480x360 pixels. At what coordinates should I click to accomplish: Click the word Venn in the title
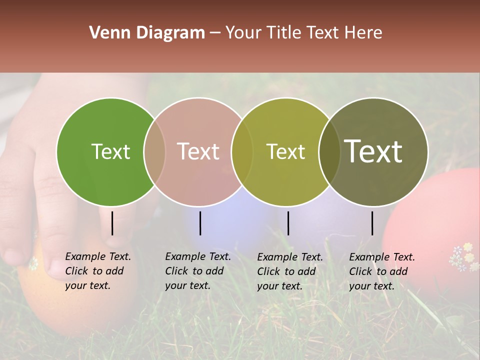[106, 33]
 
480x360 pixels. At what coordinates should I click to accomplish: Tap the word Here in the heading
[364, 33]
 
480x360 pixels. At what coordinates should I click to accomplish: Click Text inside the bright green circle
[110, 151]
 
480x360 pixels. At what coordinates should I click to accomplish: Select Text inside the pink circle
[198, 151]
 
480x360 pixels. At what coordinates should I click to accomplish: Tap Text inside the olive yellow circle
[285, 151]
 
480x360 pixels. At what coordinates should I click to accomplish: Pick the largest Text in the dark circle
[373, 151]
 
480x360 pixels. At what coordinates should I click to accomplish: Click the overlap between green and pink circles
[154, 151]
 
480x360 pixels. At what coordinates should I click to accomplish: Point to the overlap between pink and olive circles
[242, 151]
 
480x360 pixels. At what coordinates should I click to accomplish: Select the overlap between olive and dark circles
[329, 151]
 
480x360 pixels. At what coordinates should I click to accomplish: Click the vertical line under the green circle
[112, 223]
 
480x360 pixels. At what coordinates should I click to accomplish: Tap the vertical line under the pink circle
[200, 223]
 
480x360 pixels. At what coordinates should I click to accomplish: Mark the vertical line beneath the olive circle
[288, 223]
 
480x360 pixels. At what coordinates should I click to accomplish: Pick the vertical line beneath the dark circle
[372, 223]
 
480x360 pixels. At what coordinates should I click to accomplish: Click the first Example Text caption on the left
[97, 271]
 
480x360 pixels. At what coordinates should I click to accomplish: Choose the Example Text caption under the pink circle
[197, 271]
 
